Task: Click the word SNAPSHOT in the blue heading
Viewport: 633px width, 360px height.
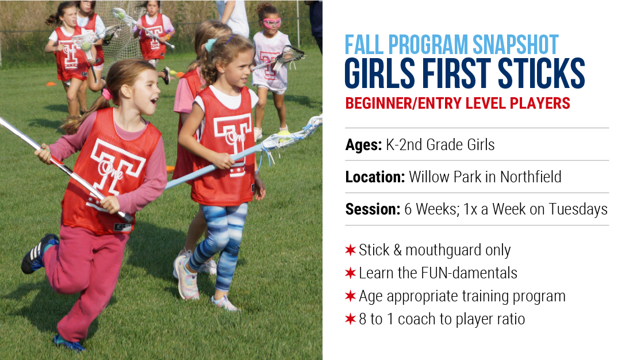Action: (x=516, y=45)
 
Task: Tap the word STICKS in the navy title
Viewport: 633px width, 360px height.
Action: (x=542, y=73)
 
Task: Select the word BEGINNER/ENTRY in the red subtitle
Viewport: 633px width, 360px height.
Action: (x=421, y=104)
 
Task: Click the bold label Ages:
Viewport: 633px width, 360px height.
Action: (x=363, y=144)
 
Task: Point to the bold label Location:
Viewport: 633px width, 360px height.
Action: (x=375, y=177)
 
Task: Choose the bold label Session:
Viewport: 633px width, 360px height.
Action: (x=373, y=209)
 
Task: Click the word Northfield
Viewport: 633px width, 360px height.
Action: (x=531, y=177)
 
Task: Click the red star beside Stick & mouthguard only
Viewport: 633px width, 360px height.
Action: (x=350, y=250)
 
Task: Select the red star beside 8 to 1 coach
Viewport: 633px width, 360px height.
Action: (x=350, y=319)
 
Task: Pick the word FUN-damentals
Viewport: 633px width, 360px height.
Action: (x=469, y=273)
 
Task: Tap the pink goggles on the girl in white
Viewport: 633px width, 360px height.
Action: (x=272, y=22)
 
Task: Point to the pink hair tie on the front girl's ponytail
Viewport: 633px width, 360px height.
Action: (x=106, y=94)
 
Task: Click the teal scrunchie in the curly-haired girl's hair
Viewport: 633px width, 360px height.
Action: (x=210, y=44)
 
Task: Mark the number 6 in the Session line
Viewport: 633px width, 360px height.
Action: (x=408, y=209)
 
